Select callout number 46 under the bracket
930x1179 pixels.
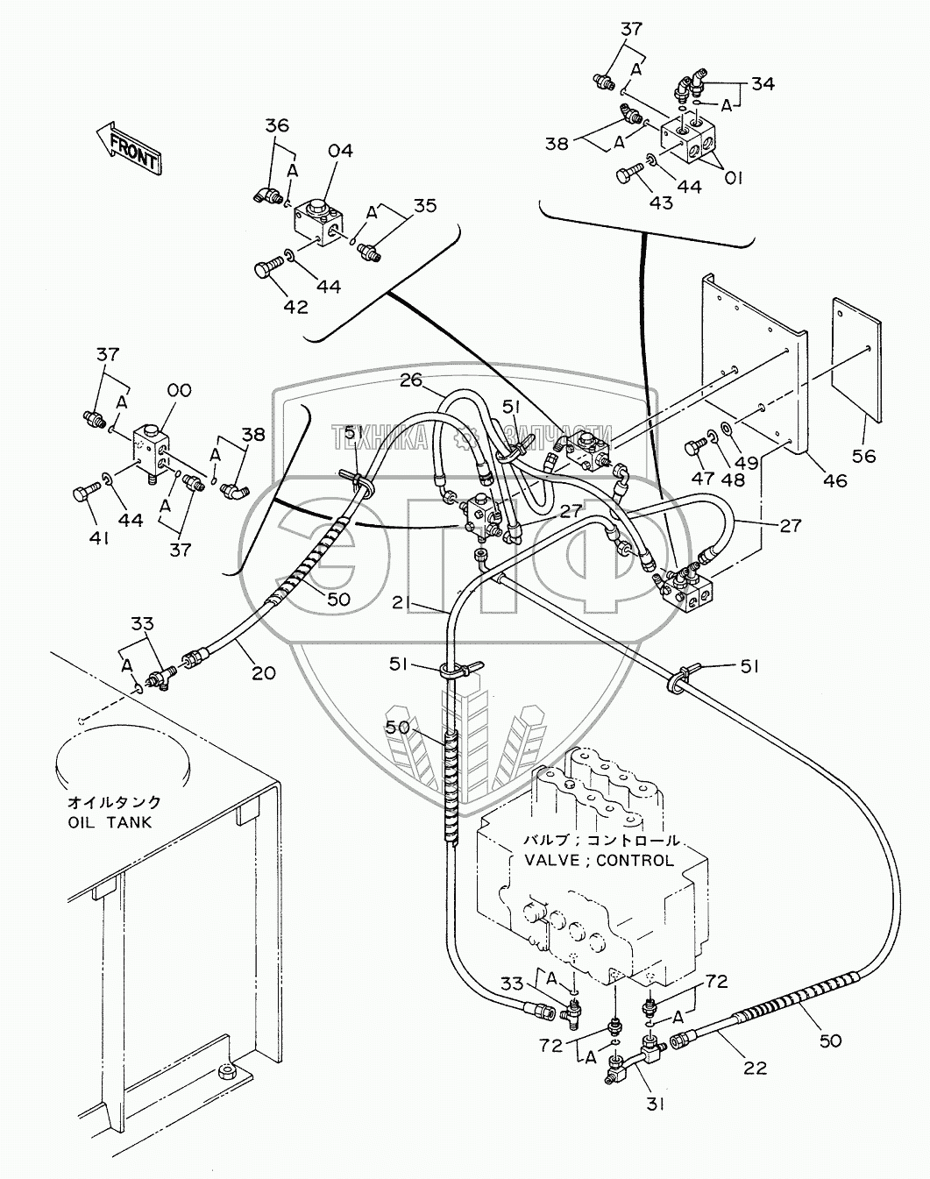[x=834, y=479]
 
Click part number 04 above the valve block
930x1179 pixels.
[x=341, y=151]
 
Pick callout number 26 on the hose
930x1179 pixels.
[x=411, y=380]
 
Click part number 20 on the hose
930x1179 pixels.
[x=263, y=673]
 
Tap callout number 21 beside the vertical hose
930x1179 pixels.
[x=426, y=603]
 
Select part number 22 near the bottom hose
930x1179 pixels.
[x=755, y=1068]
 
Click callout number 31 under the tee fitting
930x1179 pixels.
[x=657, y=1104]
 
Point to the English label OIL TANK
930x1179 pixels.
[x=110, y=822]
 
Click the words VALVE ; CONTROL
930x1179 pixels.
[x=599, y=861]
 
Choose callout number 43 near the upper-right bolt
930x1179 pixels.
[x=660, y=202]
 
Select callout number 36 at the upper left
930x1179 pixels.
[x=277, y=125]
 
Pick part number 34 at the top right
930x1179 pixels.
[x=763, y=84]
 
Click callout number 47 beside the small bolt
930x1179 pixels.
[x=704, y=479]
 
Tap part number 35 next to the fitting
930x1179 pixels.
[x=425, y=206]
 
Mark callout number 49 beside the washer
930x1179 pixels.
[x=748, y=462]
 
